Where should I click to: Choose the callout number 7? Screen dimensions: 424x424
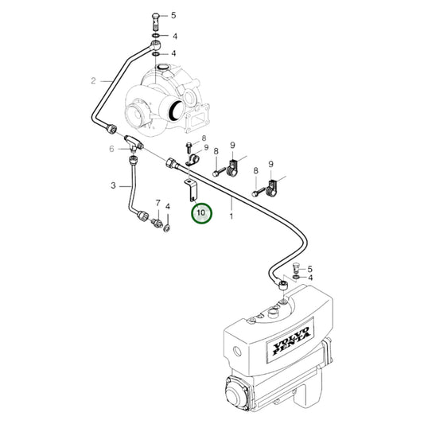[x=158, y=204]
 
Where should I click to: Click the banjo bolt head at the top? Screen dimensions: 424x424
[x=155, y=17]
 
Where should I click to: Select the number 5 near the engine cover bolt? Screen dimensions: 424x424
[x=309, y=270]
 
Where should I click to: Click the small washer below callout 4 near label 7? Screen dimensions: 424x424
[x=167, y=229]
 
